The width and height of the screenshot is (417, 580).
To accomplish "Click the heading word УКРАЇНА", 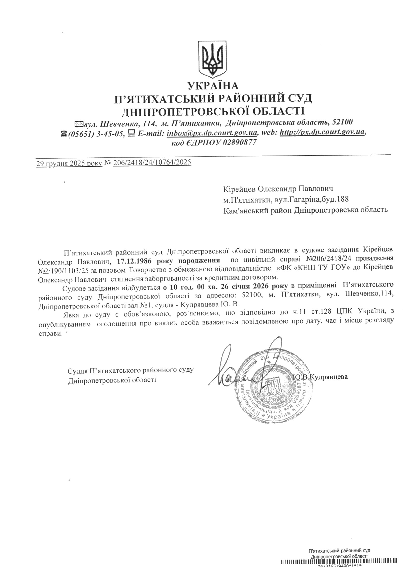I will point(213,85).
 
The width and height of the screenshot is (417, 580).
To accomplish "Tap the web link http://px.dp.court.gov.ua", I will point(322,132).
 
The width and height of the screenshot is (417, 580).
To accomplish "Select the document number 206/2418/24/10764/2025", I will point(152,163).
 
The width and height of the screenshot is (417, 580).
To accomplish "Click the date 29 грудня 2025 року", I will point(69,163).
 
